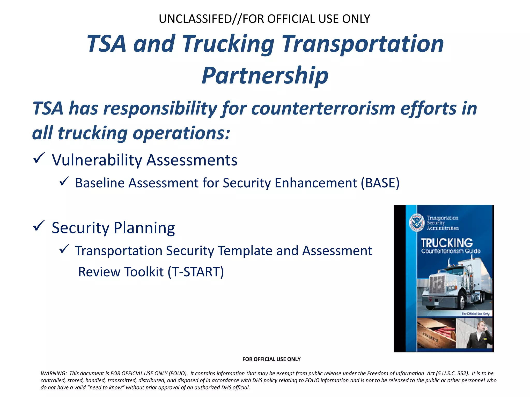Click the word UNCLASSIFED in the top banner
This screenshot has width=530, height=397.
pyautogui.click(x=195, y=19)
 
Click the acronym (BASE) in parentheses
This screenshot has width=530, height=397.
pyautogui.click(x=380, y=183)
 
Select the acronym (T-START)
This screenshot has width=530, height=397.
pyautogui.click(x=196, y=272)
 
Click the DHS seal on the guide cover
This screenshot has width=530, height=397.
pyautogui.click(x=417, y=223)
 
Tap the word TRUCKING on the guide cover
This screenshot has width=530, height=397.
pyautogui.click(x=447, y=243)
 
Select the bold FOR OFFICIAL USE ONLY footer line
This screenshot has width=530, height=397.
pyautogui.click(x=271, y=359)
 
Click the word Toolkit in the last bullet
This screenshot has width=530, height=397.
pyautogui.click(x=144, y=272)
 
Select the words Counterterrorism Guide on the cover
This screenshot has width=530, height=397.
pyautogui.click(x=451, y=251)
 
